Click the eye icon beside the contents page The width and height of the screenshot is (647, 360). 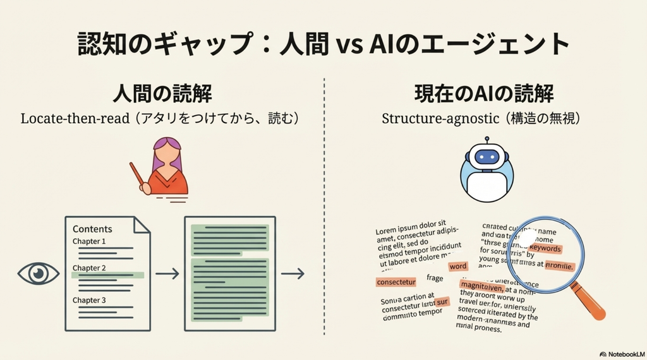tap(39, 273)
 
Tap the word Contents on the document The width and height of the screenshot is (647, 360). tap(92, 229)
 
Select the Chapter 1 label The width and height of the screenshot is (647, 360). tap(89, 241)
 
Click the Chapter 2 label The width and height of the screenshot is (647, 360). tap(89, 268)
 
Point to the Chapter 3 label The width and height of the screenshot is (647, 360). tap(89, 300)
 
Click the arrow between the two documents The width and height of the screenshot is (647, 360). tap(167, 273)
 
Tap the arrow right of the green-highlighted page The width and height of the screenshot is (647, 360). tap(293, 273)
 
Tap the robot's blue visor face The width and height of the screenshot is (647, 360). tap(487, 158)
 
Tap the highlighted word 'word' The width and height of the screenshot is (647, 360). tap(458, 267)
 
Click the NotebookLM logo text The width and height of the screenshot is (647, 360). tap(624, 354)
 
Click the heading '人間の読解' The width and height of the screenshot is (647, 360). tap(162, 94)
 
